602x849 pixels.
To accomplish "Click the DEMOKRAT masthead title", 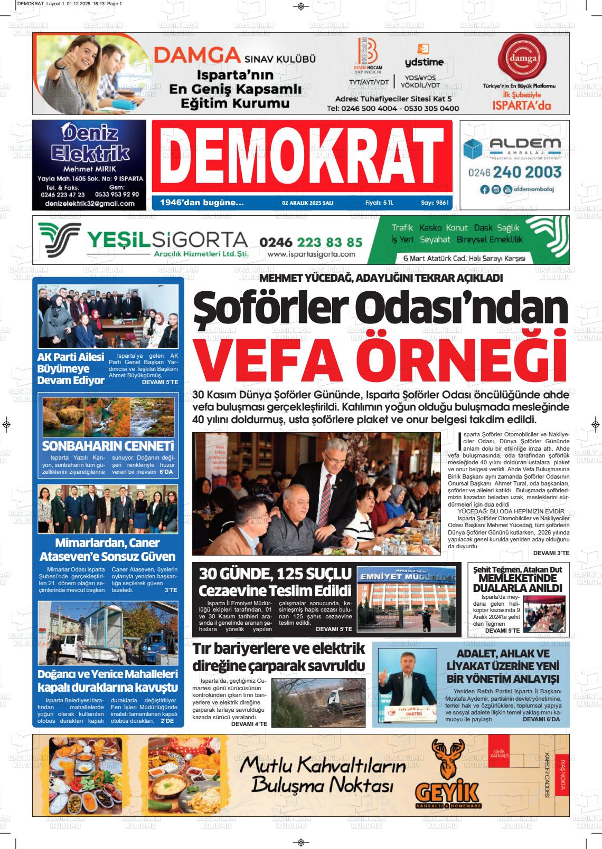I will pos(302,157).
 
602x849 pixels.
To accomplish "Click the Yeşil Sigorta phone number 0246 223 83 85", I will pos(311,242).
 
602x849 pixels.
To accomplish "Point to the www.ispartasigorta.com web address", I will pos(311,254).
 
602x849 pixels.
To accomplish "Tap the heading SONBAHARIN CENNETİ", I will pos(108,445).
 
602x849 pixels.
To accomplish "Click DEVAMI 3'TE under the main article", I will pos(551,552).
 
